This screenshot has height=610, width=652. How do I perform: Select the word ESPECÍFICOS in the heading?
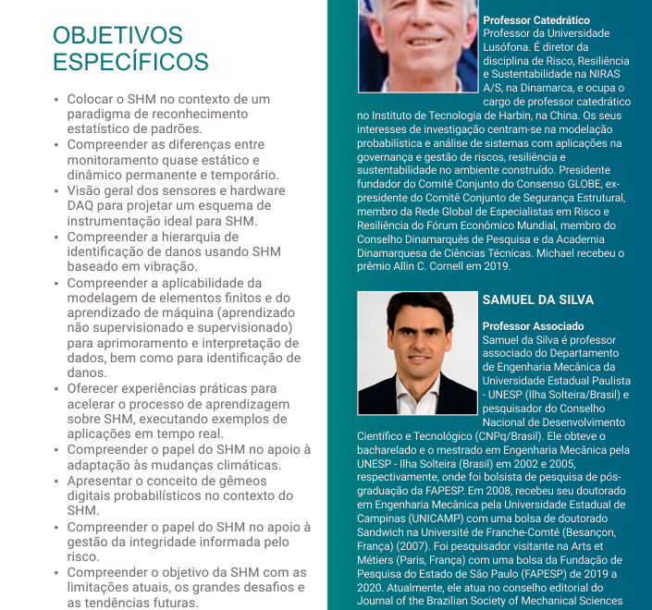click(130, 63)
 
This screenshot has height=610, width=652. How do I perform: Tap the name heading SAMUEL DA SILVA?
click(537, 300)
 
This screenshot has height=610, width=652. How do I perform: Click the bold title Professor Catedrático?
click(535, 20)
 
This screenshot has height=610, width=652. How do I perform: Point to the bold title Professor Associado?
click(533, 326)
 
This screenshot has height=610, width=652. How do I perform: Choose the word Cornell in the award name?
click(435, 267)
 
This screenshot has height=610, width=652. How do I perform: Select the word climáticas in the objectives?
click(237, 465)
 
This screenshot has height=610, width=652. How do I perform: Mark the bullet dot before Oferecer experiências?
click(56, 390)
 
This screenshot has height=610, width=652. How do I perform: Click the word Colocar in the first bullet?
click(92, 99)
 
